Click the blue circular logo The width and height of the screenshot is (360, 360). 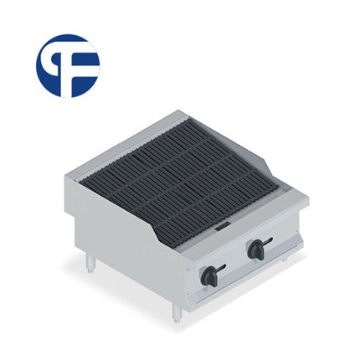tap(68, 65)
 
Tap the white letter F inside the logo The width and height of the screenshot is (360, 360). tap(72, 65)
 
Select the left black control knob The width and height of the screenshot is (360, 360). tap(209, 275)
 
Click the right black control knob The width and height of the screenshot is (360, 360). tap(257, 249)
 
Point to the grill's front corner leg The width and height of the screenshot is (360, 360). tap(177, 311)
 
